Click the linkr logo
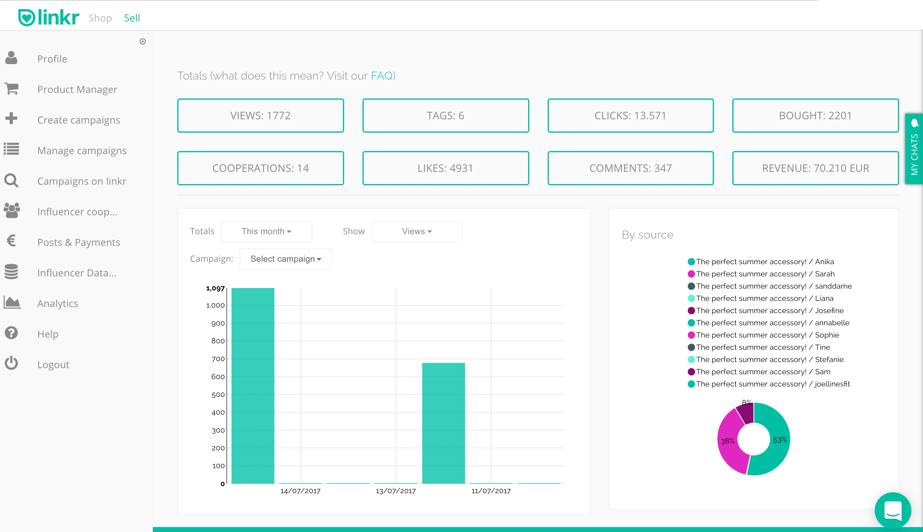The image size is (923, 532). (x=49, y=17)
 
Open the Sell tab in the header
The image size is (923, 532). (x=132, y=18)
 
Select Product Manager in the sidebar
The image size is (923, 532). (x=77, y=90)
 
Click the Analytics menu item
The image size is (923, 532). (x=57, y=304)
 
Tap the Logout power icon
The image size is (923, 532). (x=11, y=363)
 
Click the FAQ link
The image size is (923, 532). (x=381, y=76)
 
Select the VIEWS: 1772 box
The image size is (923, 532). (x=260, y=116)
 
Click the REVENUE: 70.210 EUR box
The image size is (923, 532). (x=815, y=168)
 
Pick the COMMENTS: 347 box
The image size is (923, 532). (x=631, y=168)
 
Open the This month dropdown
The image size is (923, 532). (x=266, y=231)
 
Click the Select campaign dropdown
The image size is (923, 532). (x=286, y=259)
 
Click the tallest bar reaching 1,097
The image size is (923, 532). (x=253, y=386)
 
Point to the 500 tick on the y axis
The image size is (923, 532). (x=218, y=395)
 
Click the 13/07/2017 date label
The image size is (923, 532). (x=395, y=491)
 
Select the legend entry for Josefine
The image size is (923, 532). (x=770, y=311)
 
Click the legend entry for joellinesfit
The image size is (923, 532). (x=773, y=384)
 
